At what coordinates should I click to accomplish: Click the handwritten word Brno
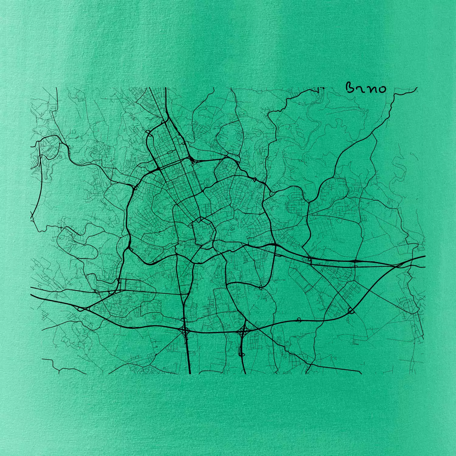pyautogui.click(x=366, y=88)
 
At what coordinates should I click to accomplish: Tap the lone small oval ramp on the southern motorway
pyautogui.click(x=299, y=320)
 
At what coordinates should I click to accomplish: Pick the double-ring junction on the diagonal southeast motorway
pyautogui.click(x=351, y=310)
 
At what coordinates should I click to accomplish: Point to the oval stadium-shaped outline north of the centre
pyautogui.click(x=208, y=181)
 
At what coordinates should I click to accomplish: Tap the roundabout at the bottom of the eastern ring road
pyautogui.click(x=261, y=287)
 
